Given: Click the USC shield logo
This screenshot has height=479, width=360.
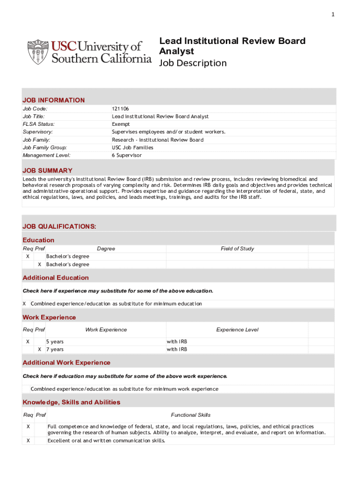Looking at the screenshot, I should [x=38, y=52].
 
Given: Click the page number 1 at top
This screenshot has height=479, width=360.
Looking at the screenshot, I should [x=333, y=15].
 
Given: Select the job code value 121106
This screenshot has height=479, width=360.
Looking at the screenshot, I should [x=120, y=109].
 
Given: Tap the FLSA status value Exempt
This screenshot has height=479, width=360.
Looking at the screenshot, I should [x=121, y=124].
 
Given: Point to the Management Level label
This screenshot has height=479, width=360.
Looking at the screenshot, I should [x=47, y=155].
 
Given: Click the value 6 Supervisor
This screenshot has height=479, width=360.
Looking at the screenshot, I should [x=126, y=155].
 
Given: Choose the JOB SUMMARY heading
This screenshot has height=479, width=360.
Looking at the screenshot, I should [x=48, y=170].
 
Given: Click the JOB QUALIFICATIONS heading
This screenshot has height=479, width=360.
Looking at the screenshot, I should [x=59, y=226].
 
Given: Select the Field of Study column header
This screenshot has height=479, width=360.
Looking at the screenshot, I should [x=237, y=248].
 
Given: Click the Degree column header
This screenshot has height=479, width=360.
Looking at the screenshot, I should [x=106, y=248].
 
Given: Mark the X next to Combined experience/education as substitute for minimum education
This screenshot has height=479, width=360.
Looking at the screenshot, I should [x=24, y=304].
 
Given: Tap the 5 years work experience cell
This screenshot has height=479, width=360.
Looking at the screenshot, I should [x=55, y=341].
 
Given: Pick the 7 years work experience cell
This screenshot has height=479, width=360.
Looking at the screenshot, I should [x=55, y=349].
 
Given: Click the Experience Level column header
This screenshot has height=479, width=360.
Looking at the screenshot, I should [x=237, y=330].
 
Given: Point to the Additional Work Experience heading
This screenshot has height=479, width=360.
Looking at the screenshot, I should [x=66, y=363].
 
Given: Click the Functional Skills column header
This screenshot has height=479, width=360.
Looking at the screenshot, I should [x=191, y=415].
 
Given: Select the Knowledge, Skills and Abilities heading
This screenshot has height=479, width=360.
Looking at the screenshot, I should [x=72, y=402].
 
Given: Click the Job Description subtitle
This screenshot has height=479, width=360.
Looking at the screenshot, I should [x=193, y=63].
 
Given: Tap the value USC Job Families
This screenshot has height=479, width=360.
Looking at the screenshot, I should [x=132, y=147].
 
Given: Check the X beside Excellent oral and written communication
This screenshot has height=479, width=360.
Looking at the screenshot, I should [x=28, y=440].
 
